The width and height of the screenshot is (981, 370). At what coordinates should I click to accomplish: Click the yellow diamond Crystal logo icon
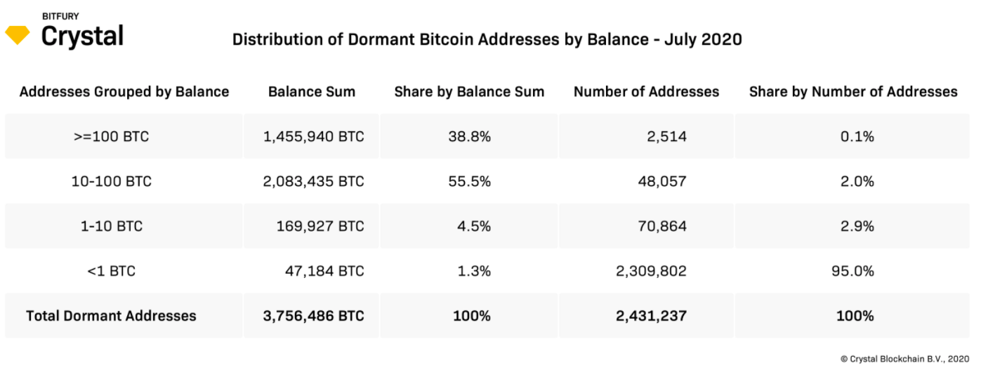(18, 35)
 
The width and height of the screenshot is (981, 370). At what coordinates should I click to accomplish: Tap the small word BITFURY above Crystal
(60, 15)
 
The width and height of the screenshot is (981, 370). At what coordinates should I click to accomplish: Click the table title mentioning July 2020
(487, 39)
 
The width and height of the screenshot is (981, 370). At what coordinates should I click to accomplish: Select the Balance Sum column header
(312, 92)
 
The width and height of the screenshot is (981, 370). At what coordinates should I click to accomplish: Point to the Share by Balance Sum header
(469, 92)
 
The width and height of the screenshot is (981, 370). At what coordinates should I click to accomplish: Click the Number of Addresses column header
(646, 92)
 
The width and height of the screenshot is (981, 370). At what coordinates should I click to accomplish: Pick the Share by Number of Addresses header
(853, 92)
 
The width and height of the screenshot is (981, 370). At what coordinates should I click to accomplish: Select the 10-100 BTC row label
(112, 182)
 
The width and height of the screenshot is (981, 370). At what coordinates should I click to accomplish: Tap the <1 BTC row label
(112, 271)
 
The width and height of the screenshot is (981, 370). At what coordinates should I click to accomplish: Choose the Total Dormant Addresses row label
(111, 316)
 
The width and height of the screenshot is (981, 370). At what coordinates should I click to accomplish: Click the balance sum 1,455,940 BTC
(314, 137)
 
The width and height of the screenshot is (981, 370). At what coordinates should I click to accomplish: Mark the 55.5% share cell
(469, 182)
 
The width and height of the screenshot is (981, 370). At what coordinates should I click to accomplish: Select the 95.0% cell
(856, 271)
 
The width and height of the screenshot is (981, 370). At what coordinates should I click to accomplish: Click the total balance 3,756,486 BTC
(314, 316)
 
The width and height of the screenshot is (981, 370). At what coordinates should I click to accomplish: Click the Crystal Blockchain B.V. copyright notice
(904, 358)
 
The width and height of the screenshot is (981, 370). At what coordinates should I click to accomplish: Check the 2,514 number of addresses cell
(666, 137)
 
